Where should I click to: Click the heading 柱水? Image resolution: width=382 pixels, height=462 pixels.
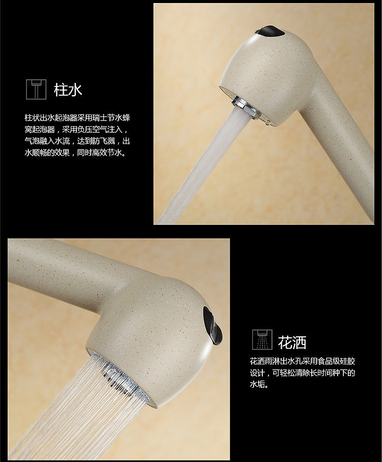pyautogui.click(x=68, y=90)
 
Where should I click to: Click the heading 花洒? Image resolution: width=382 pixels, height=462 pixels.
pyautogui.click(x=292, y=342)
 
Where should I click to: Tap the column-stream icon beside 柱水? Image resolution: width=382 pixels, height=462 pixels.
pyautogui.click(x=36, y=89)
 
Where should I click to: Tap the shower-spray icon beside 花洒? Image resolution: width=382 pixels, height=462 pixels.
pyautogui.click(x=262, y=339)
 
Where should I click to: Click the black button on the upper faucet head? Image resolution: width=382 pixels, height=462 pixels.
pyautogui.click(x=269, y=31)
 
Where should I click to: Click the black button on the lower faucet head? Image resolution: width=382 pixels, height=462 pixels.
pyautogui.click(x=212, y=323)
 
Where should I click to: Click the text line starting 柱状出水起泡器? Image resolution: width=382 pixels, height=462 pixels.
pyautogui.click(x=77, y=118)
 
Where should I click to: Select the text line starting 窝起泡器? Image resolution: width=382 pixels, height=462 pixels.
pyautogui.click(x=76, y=130)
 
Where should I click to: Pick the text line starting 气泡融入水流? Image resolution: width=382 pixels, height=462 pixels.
pyautogui.click(x=77, y=141)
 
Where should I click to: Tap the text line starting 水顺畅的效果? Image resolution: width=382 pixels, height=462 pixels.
pyautogui.click(x=75, y=153)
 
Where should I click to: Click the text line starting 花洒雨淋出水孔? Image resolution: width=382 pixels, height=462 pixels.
pyautogui.click(x=303, y=361)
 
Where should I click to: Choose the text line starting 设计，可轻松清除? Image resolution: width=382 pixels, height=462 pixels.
pyautogui.click(x=303, y=373)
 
